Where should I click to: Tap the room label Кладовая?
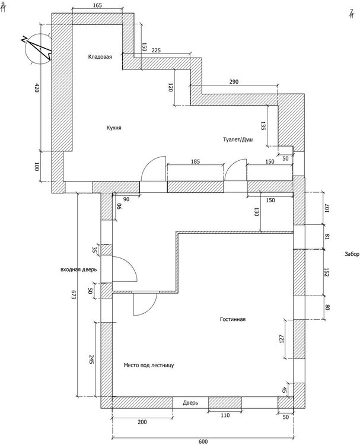(x=100, y=57)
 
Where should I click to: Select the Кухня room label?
(x=114, y=127)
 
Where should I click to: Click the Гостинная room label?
(x=232, y=319)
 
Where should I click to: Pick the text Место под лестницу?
(x=149, y=365)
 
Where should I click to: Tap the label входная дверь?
(x=78, y=269)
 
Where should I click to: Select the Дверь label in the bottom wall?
(x=190, y=403)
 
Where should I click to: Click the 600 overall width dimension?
(x=203, y=441)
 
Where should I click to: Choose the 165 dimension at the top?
(x=98, y=5)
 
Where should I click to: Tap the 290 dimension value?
(x=234, y=82)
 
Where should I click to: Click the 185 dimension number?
(x=196, y=161)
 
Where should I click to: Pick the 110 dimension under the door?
(x=225, y=416)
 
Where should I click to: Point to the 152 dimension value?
(x=326, y=272)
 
